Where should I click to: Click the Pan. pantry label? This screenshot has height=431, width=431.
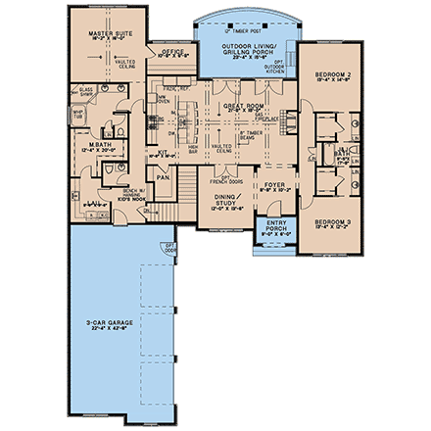coord(165,179)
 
